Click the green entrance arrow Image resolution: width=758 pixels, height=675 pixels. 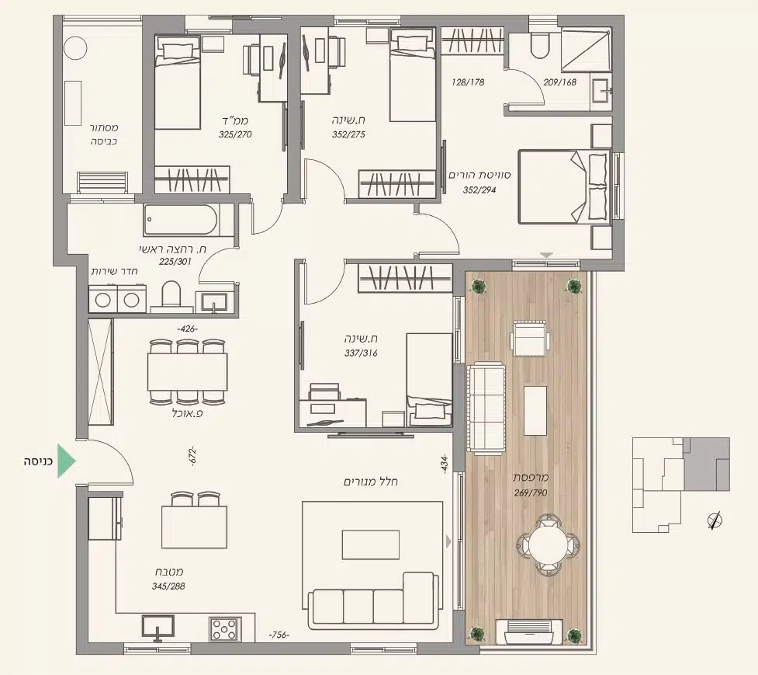pyautogui.click(x=66, y=461)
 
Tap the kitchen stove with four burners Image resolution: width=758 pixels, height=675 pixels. pyautogui.click(x=225, y=629)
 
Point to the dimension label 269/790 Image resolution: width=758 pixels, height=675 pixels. pyautogui.click(x=531, y=492)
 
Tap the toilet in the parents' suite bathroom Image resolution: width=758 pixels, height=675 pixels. pyautogui.click(x=539, y=46)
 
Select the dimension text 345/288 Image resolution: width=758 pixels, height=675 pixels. pyautogui.click(x=168, y=586)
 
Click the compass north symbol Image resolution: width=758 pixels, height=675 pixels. pyautogui.click(x=715, y=520)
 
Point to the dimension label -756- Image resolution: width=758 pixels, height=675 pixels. pyautogui.click(x=279, y=635)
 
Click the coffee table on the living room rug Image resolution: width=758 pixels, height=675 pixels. pyautogui.click(x=371, y=545)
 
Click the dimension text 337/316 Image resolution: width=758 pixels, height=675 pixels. pyautogui.click(x=361, y=353)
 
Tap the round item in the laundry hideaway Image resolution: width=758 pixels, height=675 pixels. pyautogui.click(x=75, y=48)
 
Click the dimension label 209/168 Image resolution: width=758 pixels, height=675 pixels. pyautogui.click(x=560, y=82)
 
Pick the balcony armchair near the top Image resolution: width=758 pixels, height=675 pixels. pyautogui.click(x=531, y=338)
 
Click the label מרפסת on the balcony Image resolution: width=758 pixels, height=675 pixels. pyautogui.click(x=531, y=478)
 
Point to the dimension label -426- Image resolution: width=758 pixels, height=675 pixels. pyautogui.click(x=188, y=329)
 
